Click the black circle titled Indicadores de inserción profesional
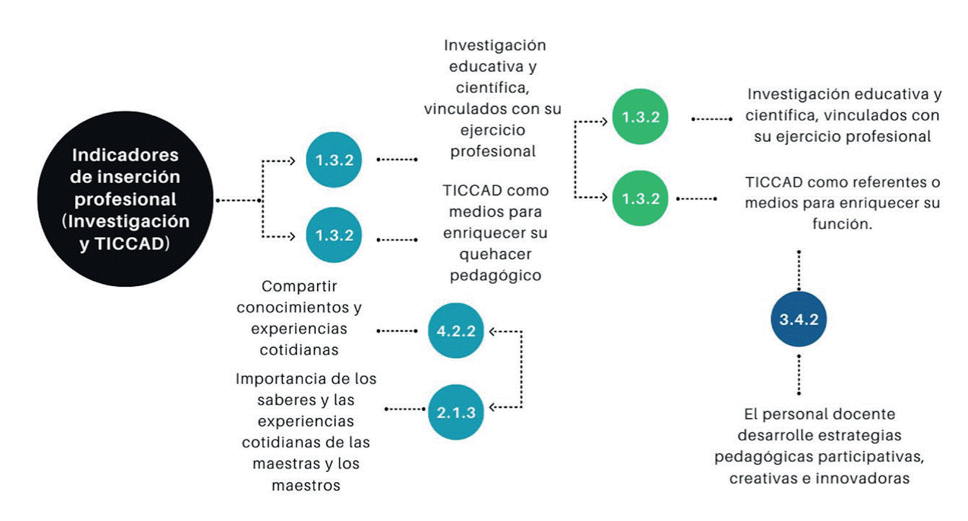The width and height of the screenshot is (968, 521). tap(126, 198)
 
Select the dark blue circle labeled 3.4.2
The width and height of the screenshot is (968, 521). tap(799, 319)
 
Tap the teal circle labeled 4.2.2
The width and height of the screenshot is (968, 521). tap(456, 331)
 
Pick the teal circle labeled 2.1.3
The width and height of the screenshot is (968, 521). tap(456, 411)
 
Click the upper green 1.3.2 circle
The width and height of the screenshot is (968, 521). tap(640, 117)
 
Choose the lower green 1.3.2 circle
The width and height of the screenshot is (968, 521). tap(640, 198)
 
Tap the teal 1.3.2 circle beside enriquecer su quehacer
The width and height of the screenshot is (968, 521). tap(334, 235)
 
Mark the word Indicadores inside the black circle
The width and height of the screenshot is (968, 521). tap(126, 156)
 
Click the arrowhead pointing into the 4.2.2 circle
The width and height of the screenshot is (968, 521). tap(492, 331)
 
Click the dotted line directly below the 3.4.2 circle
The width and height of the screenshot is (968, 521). tap(799, 373)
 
